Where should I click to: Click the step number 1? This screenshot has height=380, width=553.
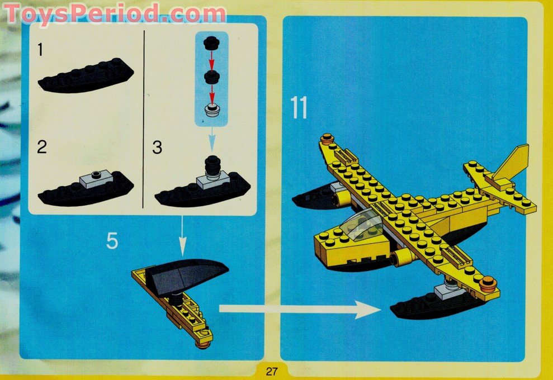tap(40, 50)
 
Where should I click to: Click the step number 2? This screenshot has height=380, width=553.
tap(42, 148)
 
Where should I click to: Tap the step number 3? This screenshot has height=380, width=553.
tap(158, 148)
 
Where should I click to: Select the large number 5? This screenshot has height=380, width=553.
tap(113, 241)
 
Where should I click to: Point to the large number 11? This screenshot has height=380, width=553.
tap(299, 107)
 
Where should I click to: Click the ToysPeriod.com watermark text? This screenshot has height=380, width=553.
tap(115, 13)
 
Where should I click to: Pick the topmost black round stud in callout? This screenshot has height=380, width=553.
tap(211, 42)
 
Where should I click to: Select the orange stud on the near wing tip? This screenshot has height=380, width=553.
tap(488, 282)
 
